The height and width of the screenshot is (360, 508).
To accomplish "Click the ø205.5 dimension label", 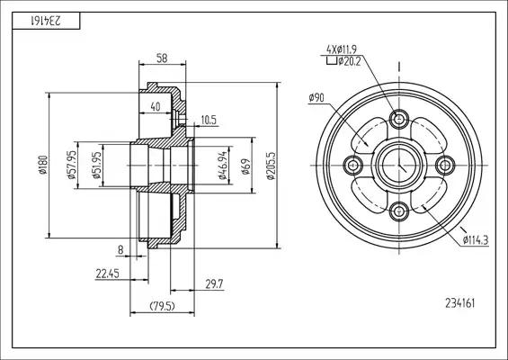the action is pos(271,166).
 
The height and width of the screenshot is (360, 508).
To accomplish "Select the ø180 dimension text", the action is pos(43,165).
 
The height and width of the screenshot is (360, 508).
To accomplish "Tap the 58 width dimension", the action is pos(162,58).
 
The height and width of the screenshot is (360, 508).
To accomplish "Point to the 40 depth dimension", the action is pos(156,106).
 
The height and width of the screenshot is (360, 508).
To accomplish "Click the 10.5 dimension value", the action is pos(209,120).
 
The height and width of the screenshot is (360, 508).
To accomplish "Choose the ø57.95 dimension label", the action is pos(71,165).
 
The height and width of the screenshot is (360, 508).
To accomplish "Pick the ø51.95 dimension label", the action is pos(96,165).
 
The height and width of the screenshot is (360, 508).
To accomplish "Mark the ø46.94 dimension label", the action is pos(222,166).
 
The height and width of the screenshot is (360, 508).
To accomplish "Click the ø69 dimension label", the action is pos(246,166).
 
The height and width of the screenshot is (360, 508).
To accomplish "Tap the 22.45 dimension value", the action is pos(107,274).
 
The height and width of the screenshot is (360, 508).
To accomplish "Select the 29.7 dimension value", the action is pos(214,284).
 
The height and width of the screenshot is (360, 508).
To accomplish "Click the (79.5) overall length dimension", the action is pos(162,306).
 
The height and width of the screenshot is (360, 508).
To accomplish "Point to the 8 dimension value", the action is pos(120,250).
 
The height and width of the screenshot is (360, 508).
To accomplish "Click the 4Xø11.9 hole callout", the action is pos(342,49).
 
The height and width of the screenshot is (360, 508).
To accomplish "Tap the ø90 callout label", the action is pos(316,97).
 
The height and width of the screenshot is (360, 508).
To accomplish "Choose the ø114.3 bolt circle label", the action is pos(476,240).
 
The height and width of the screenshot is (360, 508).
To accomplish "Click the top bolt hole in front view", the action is pos(399,119).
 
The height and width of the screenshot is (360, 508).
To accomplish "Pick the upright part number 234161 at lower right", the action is pos(460,303).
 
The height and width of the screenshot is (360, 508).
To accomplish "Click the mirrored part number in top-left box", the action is pos(46,21).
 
